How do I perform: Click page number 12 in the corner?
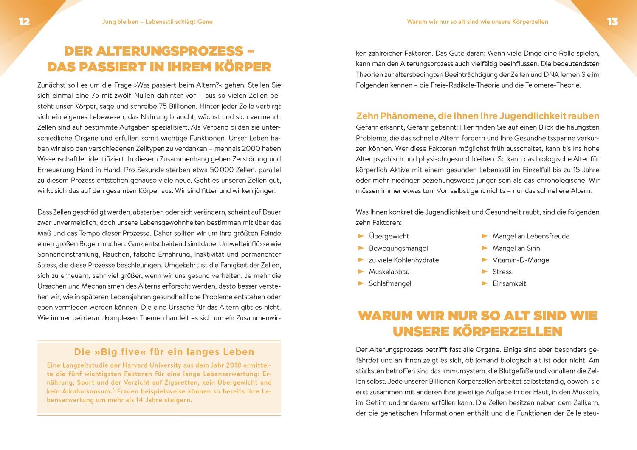[24, 22]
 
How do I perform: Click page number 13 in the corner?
[612, 22]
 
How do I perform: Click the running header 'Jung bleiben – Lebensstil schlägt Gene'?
[157, 22]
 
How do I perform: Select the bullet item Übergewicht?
[389, 236]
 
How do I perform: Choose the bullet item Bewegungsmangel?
[398, 248]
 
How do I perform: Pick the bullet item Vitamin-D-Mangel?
[521, 260]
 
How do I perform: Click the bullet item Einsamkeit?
[509, 283]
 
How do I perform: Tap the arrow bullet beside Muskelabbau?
[361, 272]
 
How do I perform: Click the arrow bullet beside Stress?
[485, 272]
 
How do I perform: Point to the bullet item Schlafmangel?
[390, 283]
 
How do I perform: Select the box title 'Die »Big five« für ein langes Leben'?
[164, 352]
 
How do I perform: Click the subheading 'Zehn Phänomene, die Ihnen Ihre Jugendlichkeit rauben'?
[477, 116]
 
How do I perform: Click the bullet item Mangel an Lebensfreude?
[531, 236]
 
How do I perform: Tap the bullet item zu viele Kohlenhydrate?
[404, 260]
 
